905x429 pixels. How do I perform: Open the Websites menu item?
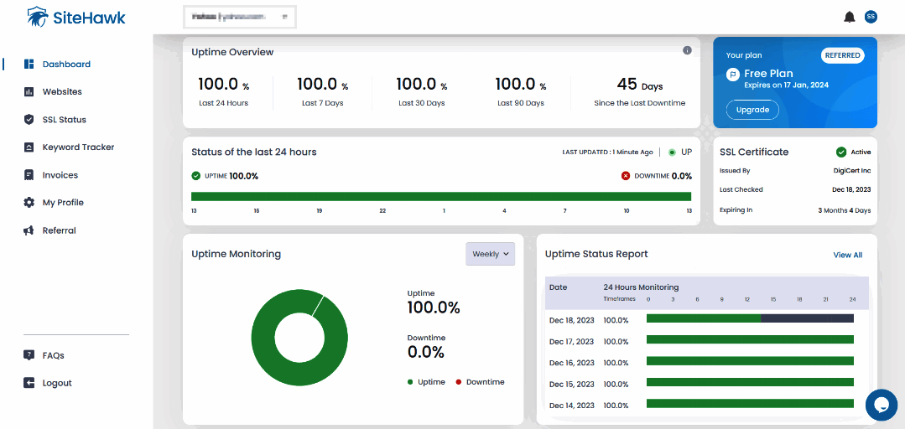(x=61, y=92)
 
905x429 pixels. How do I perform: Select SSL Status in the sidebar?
(x=64, y=120)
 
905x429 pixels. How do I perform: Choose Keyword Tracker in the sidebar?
(x=77, y=147)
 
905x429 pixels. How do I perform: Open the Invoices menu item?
(x=60, y=175)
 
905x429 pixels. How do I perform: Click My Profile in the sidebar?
(x=62, y=203)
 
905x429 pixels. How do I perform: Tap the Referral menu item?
(x=59, y=230)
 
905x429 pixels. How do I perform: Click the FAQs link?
(x=53, y=355)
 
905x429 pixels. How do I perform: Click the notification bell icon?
(x=850, y=17)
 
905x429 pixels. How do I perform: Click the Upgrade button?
(x=752, y=110)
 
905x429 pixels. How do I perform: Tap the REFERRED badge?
(x=842, y=55)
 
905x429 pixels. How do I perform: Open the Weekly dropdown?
(x=491, y=254)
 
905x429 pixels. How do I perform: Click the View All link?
(x=847, y=255)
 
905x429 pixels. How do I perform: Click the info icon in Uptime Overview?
(x=687, y=50)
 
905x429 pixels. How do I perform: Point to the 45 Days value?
(x=639, y=85)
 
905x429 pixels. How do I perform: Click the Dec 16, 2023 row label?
(x=571, y=363)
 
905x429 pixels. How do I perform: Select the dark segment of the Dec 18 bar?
(x=807, y=318)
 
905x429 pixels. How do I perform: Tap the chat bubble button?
(x=881, y=405)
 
